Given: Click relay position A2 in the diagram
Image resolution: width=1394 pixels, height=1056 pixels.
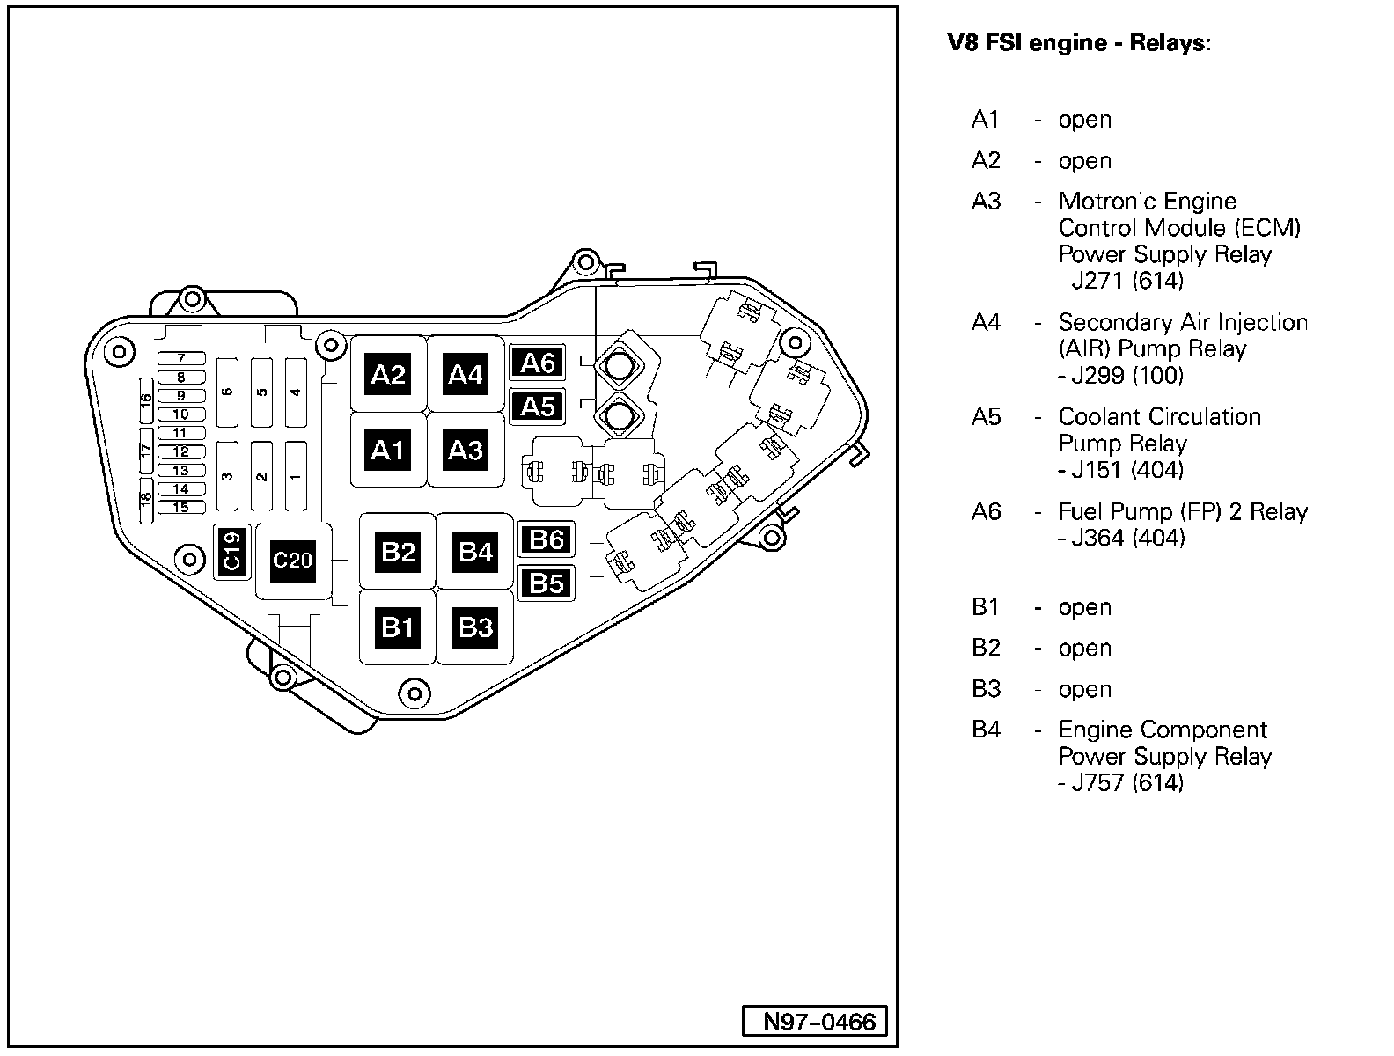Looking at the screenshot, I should pos(388,375).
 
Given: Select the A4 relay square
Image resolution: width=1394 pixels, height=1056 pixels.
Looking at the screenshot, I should pos(466,375).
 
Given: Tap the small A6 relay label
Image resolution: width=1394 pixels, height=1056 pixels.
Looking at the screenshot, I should pos(539,363).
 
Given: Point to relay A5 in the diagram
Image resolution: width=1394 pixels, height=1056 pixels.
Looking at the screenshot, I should pos(539,407).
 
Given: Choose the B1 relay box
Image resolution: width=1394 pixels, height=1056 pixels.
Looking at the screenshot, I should pos(398,627).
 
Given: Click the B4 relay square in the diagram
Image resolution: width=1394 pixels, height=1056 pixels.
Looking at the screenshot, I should pos(476,552).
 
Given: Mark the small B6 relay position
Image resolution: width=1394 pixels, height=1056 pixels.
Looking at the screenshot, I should pos(547,539).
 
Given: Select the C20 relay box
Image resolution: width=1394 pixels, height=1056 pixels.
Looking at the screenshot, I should pos(293,561).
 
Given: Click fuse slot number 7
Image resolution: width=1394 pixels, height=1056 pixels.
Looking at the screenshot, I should pos(181,358).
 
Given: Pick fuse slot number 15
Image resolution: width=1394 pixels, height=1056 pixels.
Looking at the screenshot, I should pos(181,507).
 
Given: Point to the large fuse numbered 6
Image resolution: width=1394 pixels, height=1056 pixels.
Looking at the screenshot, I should pos(228,391).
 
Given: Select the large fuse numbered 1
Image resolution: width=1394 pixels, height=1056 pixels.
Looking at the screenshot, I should pos(296,476).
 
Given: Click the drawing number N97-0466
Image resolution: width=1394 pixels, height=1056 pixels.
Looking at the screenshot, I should pos(819,1022).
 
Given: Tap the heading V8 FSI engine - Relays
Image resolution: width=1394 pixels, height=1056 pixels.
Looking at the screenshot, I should pos(1078,43).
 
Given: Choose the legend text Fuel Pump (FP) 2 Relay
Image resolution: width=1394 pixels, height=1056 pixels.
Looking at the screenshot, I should pos(1183,511).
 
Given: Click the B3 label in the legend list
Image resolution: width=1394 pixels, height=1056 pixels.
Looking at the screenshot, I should pos(986,689).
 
